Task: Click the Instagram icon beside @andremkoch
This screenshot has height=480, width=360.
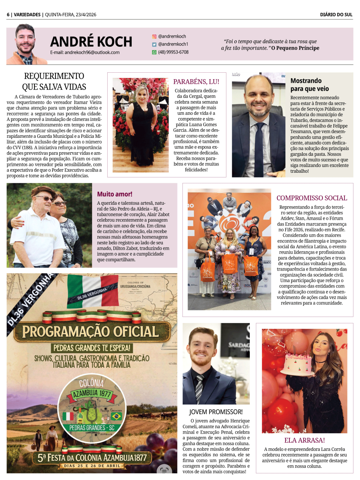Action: click(x=154, y=36)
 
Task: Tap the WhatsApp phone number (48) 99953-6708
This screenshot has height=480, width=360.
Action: click(x=173, y=52)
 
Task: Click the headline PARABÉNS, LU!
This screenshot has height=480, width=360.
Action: click(x=196, y=82)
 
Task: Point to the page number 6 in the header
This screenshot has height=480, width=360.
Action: click(x=8, y=15)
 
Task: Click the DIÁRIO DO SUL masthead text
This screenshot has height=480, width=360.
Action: click(x=336, y=15)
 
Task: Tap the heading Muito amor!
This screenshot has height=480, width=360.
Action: click(x=114, y=194)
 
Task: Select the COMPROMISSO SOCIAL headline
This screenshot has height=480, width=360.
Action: click(x=312, y=198)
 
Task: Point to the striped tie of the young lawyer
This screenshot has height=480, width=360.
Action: click(x=199, y=389)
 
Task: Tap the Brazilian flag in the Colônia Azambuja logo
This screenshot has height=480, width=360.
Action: click(x=116, y=417)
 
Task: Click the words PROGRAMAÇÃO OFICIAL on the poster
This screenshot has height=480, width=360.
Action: click(x=90, y=331)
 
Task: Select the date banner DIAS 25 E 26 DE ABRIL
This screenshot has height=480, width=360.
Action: click(x=92, y=466)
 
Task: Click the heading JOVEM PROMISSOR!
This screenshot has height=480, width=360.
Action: click(x=216, y=412)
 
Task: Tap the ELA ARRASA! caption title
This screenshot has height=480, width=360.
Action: click(x=305, y=440)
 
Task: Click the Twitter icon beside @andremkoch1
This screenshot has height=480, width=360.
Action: click(x=154, y=44)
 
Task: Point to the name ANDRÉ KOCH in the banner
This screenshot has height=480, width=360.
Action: click(x=91, y=42)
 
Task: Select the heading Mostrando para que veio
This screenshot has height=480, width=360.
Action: click(x=309, y=85)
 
